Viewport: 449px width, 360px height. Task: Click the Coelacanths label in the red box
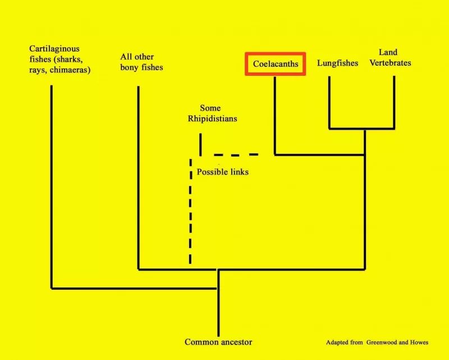coord(276,63)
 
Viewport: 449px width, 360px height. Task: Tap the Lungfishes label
coord(338,63)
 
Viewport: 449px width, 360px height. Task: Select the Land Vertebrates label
coord(390,57)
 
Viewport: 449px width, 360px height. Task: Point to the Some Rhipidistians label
coord(212,113)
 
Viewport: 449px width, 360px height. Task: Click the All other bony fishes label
coord(141,62)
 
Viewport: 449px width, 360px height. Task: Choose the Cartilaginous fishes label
coord(59,60)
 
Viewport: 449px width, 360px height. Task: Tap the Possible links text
coord(222,172)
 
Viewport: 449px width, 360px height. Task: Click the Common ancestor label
coord(218,342)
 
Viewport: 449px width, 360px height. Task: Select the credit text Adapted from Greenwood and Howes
coord(377,342)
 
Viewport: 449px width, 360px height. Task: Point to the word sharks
coord(70,60)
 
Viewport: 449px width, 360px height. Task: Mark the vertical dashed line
coord(190,211)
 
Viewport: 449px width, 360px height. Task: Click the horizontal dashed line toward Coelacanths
coord(236,155)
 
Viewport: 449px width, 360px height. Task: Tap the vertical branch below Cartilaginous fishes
coord(52,187)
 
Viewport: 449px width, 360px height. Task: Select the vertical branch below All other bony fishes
coord(138,177)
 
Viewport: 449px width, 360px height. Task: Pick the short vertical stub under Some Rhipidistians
coord(200,144)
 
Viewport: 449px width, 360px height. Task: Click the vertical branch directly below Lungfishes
coord(329,103)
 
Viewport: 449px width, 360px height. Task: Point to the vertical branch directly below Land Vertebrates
coord(394,103)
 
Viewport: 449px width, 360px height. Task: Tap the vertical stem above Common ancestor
coord(218,303)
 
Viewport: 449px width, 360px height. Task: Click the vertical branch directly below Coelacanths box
coord(275,116)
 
